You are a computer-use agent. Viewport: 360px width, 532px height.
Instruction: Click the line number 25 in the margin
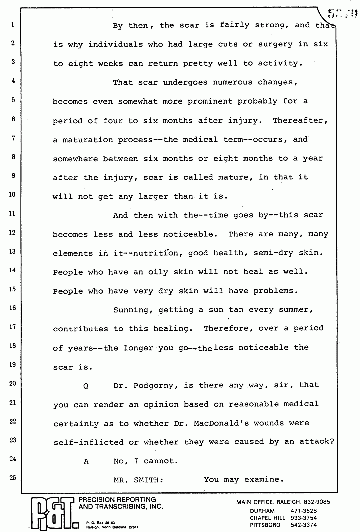(13, 478)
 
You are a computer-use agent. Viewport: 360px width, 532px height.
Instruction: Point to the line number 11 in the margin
(13, 214)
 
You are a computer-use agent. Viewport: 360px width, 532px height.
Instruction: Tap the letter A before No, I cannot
(86, 461)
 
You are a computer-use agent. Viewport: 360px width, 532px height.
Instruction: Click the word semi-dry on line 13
(263, 253)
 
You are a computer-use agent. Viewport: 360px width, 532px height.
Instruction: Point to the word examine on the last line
(264, 479)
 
